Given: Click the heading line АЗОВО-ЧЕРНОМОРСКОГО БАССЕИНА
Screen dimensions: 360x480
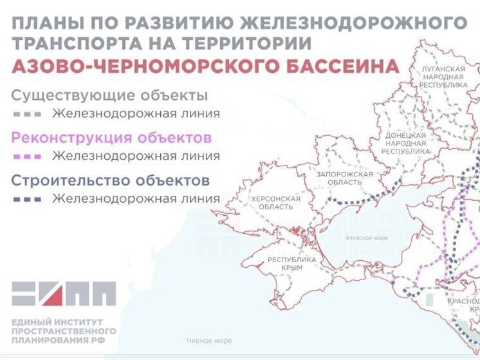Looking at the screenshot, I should tap(205, 66).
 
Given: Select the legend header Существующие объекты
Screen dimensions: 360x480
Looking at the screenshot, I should tap(109, 96).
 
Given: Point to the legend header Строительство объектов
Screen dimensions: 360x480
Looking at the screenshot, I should tap(110, 179).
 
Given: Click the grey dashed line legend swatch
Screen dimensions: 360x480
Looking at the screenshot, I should tap(27, 114).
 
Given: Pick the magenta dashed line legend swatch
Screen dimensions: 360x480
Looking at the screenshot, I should tap(27, 156).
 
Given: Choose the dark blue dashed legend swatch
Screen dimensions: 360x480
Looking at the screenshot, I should tap(27, 199).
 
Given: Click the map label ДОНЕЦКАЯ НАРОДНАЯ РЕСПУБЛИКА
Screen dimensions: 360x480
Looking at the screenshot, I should tap(405, 143).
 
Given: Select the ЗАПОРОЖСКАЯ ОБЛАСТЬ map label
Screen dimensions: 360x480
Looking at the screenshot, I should tap(345, 178).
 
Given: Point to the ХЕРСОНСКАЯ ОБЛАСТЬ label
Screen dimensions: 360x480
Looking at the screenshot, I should tap(276, 202).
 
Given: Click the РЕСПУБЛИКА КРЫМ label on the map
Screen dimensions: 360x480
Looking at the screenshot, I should tap(291, 263).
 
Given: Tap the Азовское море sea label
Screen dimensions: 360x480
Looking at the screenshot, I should tap(367, 238).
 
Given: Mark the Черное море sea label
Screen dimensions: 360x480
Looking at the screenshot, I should tap(209, 341).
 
